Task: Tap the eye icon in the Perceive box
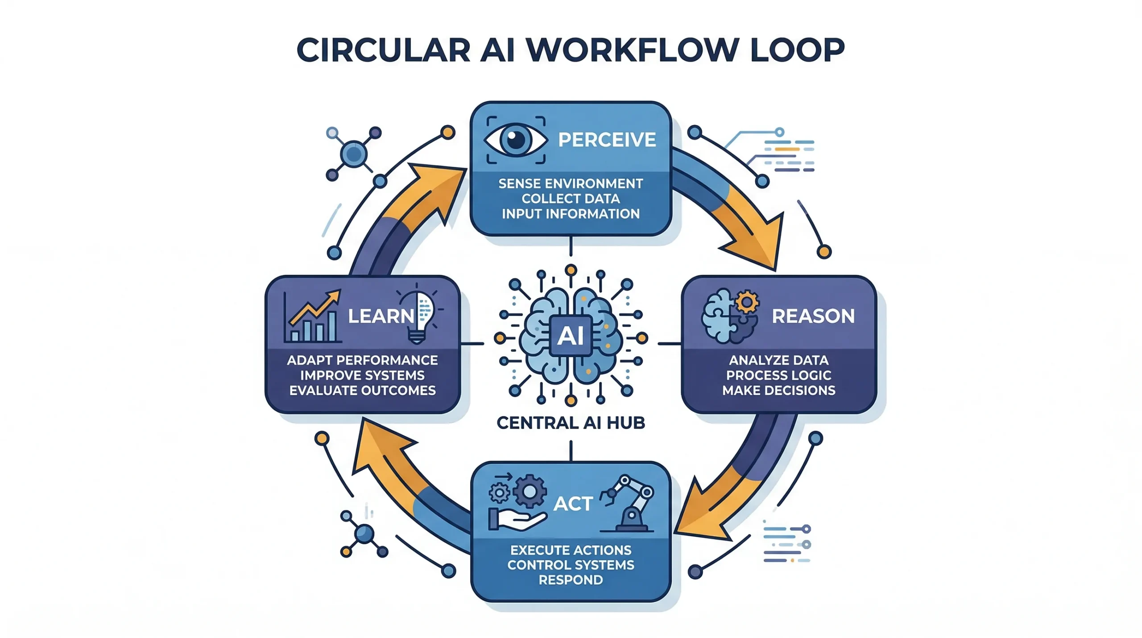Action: click(x=516, y=140)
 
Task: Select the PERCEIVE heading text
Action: click(x=607, y=140)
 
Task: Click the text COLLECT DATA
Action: click(x=571, y=199)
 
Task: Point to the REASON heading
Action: click(x=813, y=316)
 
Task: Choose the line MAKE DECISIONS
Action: click(x=778, y=391)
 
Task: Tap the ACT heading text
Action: click(x=573, y=504)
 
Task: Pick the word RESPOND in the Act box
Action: click(x=571, y=580)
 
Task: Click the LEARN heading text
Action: click(x=381, y=316)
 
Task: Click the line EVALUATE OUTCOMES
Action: click(x=362, y=391)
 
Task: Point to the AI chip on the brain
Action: click(x=571, y=335)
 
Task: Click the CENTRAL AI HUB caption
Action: click(x=571, y=423)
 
